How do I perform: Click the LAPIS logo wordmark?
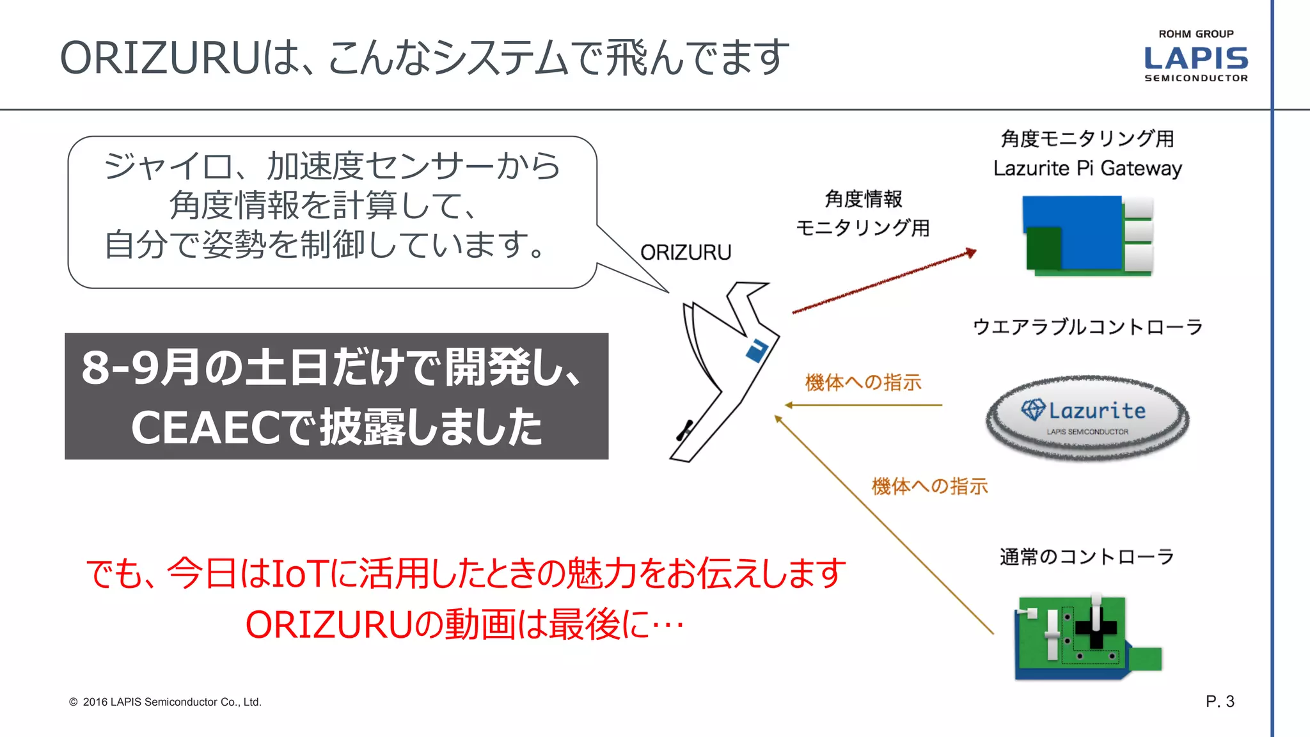[1196, 58]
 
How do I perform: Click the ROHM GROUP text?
[1196, 34]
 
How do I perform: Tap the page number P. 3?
[1219, 701]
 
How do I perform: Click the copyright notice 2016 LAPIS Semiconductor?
[165, 702]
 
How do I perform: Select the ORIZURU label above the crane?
[686, 253]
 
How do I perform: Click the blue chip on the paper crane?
[757, 349]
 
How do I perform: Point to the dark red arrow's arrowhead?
[971, 253]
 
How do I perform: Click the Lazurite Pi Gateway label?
[1087, 168]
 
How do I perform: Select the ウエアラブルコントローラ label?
[1087, 327]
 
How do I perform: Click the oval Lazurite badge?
[1087, 417]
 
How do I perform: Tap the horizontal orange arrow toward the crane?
[864, 405]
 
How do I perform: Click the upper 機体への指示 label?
[863, 383]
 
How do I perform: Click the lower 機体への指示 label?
[929, 486]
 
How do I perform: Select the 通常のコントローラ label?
[1087, 557]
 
